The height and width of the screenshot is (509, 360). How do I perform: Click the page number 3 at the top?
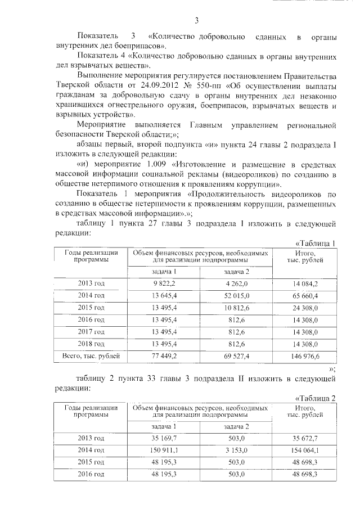197,21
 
